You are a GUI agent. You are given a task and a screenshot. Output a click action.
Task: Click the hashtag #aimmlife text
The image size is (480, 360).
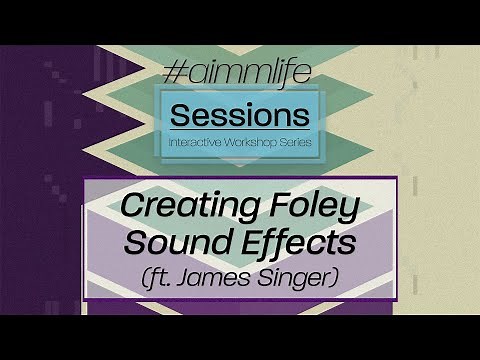[239, 75]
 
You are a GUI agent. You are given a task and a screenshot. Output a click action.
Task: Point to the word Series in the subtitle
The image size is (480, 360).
[294, 143]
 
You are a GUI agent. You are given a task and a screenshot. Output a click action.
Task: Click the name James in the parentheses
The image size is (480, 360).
[233, 275]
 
